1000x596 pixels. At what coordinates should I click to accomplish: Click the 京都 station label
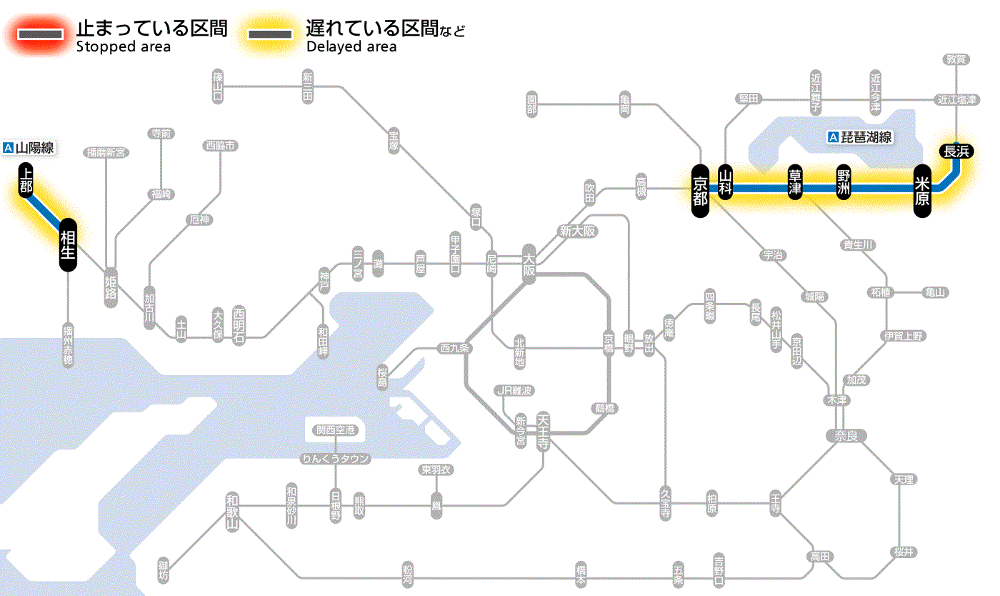coord(700,190)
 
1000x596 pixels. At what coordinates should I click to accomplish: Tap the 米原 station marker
coord(922,190)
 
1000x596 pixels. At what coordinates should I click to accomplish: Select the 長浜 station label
coord(956,151)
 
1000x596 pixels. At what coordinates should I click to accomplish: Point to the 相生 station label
coord(68,245)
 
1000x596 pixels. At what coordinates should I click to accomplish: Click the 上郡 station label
coord(26,180)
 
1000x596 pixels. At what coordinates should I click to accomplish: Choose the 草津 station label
coord(795,183)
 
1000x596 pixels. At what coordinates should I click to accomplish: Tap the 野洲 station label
coord(844,183)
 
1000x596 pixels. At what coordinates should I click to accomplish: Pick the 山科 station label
coord(726,183)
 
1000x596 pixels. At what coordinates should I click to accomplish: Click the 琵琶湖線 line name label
coord(861,137)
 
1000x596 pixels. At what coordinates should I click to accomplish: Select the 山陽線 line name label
coord(29,148)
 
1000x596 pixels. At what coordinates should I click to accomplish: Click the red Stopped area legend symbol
coord(39,34)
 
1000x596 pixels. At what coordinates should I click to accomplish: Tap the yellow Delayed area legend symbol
coord(269,34)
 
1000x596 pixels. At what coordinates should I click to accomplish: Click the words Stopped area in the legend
coord(124,47)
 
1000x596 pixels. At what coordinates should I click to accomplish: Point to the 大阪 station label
coord(529,264)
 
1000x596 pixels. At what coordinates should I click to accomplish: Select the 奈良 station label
coord(845,435)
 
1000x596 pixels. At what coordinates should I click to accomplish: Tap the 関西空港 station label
coord(335,430)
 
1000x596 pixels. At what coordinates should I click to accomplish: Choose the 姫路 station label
coord(111,288)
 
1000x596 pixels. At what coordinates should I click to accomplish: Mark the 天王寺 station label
coord(543,429)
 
